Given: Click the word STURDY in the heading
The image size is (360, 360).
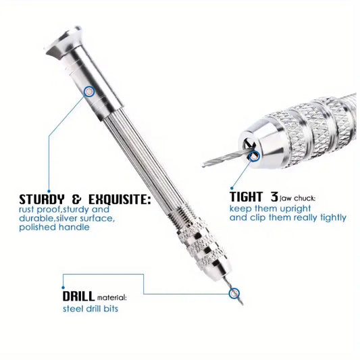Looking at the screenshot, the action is [x=42, y=199].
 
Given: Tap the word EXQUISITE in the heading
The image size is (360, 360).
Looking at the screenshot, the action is [x=120, y=199].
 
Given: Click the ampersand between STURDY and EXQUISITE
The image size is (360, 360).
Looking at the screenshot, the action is [x=77, y=199].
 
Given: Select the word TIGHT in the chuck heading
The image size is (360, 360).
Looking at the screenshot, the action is [x=246, y=197].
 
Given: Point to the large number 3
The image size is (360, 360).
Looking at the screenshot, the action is [x=274, y=197].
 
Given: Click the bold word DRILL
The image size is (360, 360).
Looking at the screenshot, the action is [x=78, y=297].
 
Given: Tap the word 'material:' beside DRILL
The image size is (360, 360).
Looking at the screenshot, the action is [x=112, y=298].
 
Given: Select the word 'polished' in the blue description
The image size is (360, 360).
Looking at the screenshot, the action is [x=37, y=228].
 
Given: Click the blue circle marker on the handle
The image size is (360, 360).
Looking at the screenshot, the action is [x=89, y=92].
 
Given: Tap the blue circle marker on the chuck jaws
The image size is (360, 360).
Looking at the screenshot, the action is [x=254, y=156].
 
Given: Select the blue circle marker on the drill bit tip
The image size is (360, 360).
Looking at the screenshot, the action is [x=234, y=293].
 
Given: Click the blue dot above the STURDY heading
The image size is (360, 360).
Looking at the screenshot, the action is [x=49, y=191].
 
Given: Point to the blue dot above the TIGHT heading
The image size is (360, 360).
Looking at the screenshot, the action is [x=232, y=188].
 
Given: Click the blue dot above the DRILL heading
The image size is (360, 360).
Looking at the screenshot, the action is [x=63, y=288].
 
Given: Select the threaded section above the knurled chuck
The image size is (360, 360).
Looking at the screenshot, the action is [x=182, y=213].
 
